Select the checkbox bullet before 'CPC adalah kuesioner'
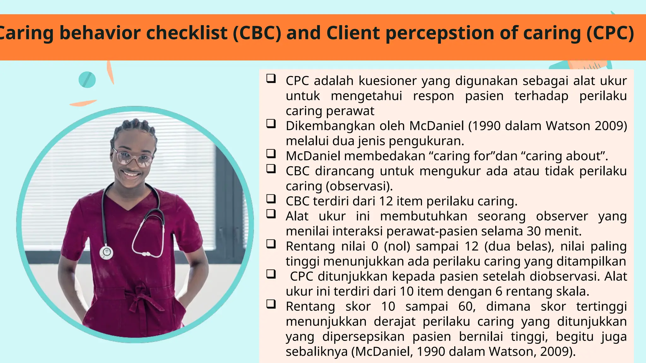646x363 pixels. pyautogui.click(x=271, y=78)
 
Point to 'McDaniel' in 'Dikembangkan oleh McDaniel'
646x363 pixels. pyautogui.click(x=437, y=126)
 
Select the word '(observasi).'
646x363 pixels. pyautogui.click(x=359, y=186)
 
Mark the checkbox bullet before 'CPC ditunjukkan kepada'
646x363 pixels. pyautogui.click(x=271, y=274)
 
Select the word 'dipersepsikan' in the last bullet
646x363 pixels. pyautogui.click(x=363, y=337)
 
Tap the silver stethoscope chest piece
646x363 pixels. pyautogui.click(x=106, y=252)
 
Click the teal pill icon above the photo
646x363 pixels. pyautogui.click(x=87, y=80)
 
